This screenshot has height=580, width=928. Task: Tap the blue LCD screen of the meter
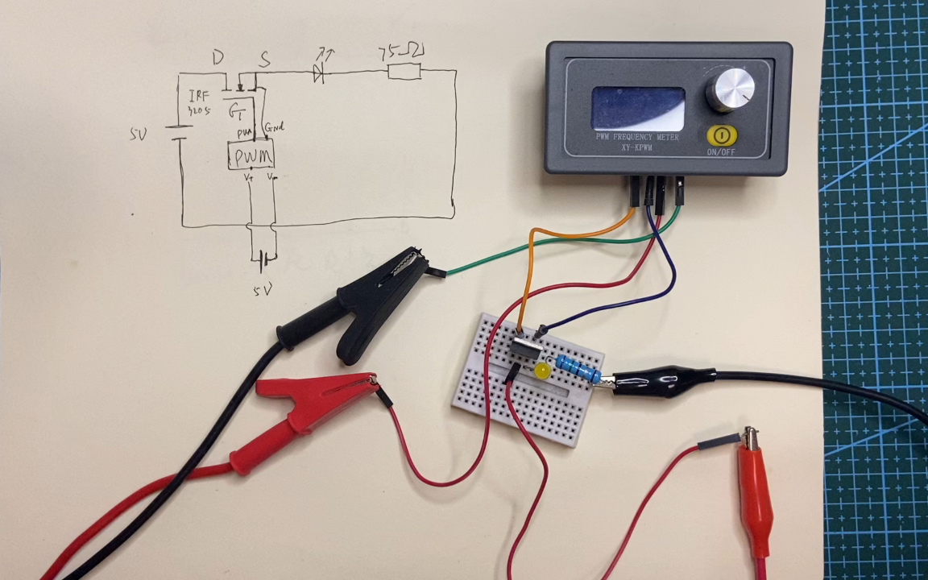click(x=638, y=107)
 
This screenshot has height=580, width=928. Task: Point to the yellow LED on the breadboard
click(x=542, y=371)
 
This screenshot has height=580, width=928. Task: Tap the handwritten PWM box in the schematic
click(x=251, y=154)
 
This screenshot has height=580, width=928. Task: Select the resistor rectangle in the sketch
click(x=404, y=72)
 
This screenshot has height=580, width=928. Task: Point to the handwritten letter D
click(x=217, y=57)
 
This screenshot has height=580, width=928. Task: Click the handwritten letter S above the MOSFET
click(x=264, y=59)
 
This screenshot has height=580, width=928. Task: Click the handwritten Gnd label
click(x=274, y=126)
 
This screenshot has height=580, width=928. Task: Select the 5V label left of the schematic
click(x=138, y=135)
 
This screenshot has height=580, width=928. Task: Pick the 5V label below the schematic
click(x=263, y=288)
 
